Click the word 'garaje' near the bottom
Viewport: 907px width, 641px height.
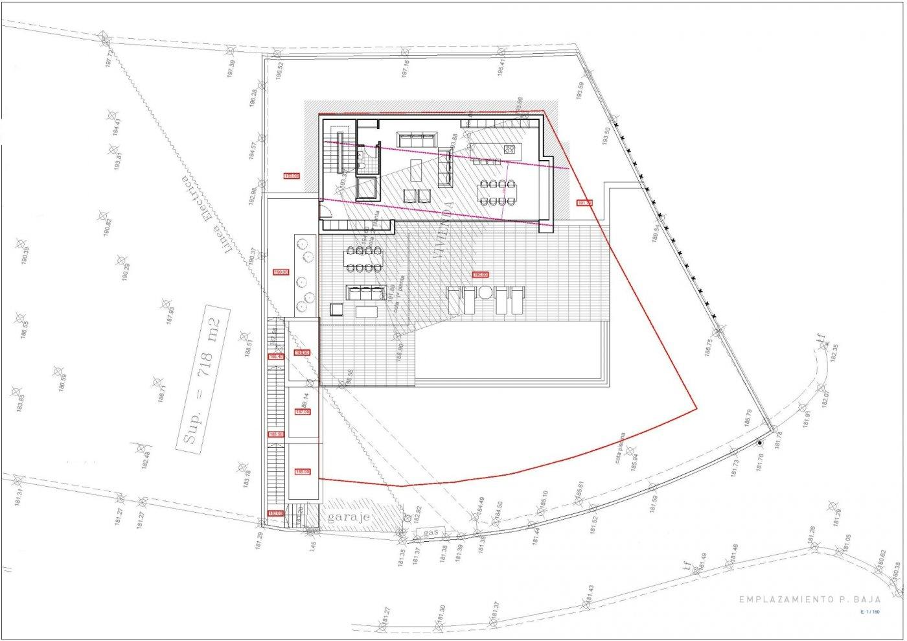(349, 517)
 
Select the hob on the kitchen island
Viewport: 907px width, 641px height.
(510, 150)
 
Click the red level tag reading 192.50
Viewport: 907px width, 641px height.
(292, 176)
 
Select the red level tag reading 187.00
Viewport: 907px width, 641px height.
(303, 412)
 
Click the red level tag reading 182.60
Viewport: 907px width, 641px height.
(276, 513)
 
